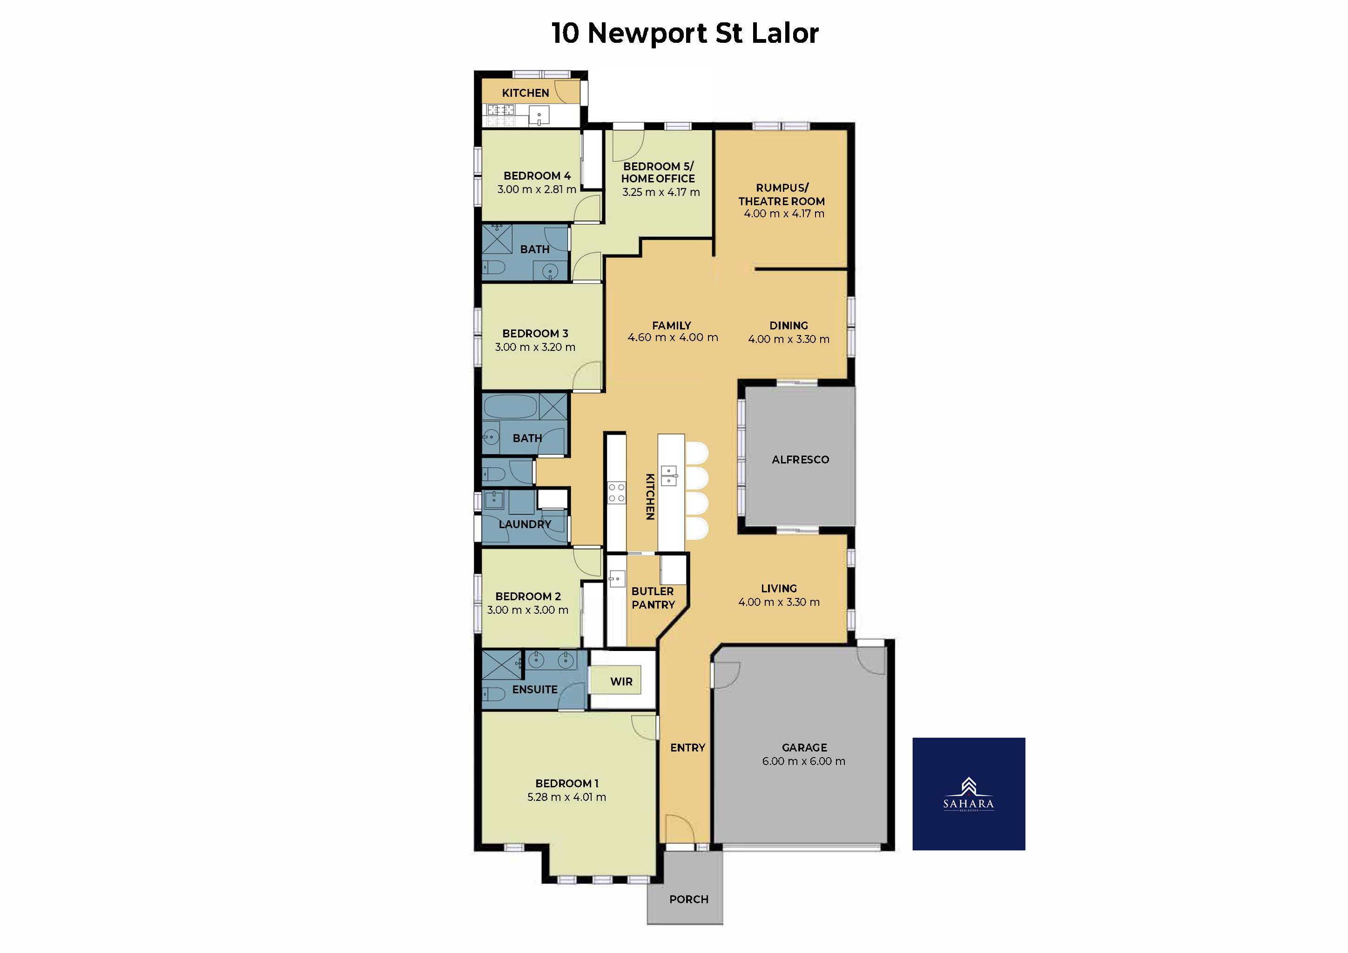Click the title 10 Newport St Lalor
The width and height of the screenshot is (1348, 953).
[x=685, y=33]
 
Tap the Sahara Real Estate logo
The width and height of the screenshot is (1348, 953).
[x=968, y=793]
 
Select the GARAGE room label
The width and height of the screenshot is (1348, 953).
[x=804, y=748]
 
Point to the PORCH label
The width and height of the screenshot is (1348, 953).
[x=689, y=899]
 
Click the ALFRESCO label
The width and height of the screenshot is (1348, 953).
[x=800, y=459]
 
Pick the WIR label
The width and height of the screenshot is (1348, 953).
[x=621, y=681]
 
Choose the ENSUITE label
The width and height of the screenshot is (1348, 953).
[x=535, y=690]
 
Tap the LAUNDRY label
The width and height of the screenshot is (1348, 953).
[x=525, y=524]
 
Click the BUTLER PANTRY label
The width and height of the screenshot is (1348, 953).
[x=653, y=598]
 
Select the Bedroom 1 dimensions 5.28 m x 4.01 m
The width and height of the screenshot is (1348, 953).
[x=566, y=797]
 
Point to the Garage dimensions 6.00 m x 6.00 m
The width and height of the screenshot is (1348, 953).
[x=804, y=761]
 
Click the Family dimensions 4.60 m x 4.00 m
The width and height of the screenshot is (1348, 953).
[x=673, y=337]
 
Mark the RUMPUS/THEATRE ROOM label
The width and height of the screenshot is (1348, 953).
[x=782, y=194]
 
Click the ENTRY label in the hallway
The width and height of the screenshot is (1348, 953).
[x=687, y=748]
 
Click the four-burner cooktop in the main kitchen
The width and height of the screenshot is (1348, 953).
[x=616, y=492]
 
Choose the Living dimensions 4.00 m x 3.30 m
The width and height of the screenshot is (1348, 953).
[x=779, y=602]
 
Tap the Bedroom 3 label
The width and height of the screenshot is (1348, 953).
[x=535, y=333]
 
